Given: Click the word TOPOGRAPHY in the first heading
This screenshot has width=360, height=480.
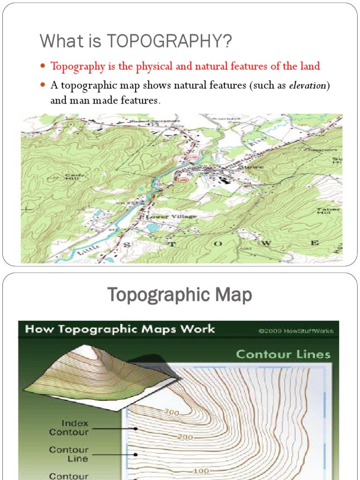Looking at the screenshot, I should tap(170, 41).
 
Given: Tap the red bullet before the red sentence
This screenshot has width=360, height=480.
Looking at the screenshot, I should tap(43, 66).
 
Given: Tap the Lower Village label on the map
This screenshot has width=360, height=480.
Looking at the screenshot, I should tap(165, 217).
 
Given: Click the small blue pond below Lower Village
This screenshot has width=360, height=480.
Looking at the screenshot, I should tap(152, 228).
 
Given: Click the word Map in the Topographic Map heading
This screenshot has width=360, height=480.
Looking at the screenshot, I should tap(232, 295).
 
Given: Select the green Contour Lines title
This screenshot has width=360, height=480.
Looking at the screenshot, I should tap(283, 354).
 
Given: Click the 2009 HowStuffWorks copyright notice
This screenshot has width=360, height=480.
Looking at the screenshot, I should tap(295, 330).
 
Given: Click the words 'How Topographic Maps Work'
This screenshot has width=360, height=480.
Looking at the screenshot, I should tap(120, 329).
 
